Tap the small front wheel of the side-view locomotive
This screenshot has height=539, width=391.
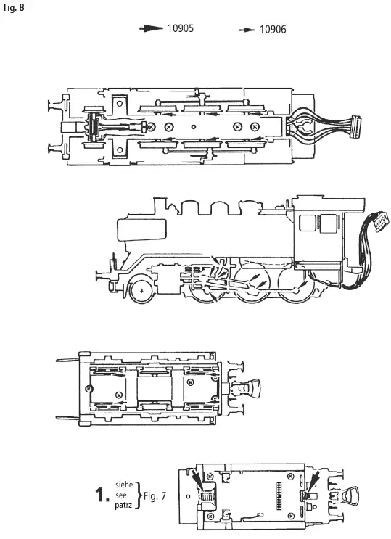pos(142,290)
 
